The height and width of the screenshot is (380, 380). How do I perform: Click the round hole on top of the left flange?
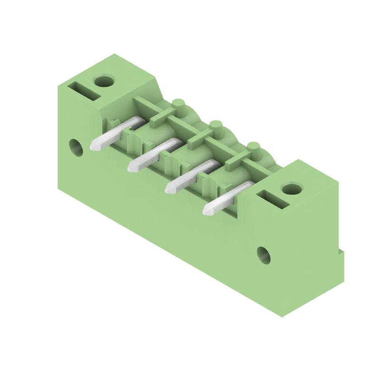pyautogui.click(x=104, y=81)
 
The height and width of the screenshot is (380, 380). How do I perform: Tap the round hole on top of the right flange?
pyautogui.click(x=291, y=189)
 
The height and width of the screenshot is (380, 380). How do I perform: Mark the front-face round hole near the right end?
pyautogui.click(x=264, y=255)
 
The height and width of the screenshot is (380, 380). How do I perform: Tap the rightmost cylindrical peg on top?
pyautogui.click(x=253, y=147)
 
